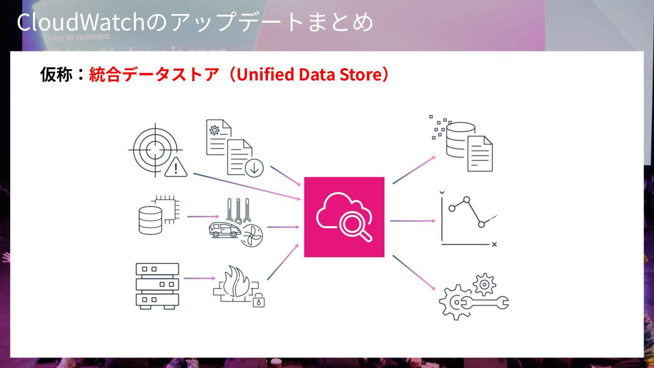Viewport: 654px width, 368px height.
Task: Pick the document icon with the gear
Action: tap(217, 136)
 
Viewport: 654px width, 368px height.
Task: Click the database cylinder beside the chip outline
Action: tap(150, 220)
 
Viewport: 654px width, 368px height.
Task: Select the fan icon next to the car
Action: tap(251, 235)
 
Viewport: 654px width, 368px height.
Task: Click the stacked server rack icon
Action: tap(157, 286)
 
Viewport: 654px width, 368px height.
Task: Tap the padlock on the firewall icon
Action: tap(258, 301)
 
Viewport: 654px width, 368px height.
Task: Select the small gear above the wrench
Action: tap(484, 284)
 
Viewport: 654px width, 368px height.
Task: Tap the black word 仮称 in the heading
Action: tap(56, 75)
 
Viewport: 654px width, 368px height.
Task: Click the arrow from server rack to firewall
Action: tap(199, 278)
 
